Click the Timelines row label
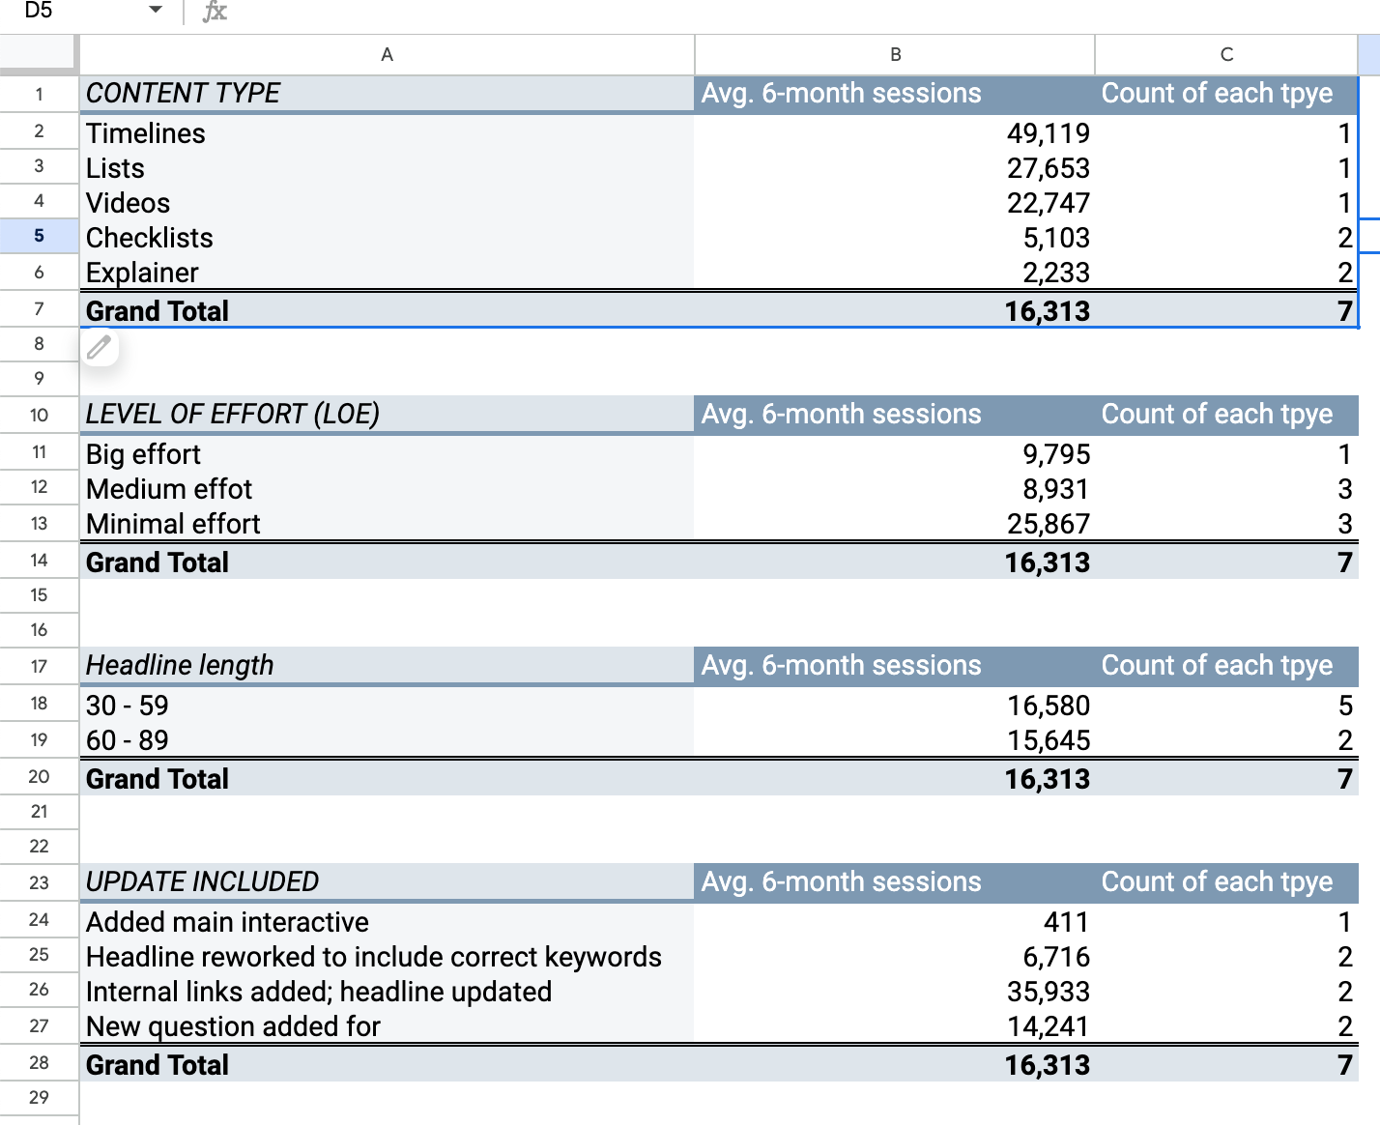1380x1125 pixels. (146, 133)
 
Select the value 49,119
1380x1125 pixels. (1048, 133)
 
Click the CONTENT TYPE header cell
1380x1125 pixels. (183, 94)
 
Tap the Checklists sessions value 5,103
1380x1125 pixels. (1056, 238)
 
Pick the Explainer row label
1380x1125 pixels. (142, 273)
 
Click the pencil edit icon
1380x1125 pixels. (99, 347)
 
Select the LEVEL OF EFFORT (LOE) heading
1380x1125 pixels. (232, 415)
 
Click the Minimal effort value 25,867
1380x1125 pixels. (1048, 524)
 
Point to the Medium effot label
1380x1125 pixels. (169, 489)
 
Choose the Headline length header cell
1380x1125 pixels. (180, 666)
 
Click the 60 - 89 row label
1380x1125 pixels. (127, 740)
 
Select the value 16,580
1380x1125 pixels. (1048, 706)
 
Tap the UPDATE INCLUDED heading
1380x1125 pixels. (202, 882)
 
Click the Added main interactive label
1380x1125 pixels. (227, 922)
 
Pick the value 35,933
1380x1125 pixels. (1048, 992)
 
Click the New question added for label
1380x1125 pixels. (233, 1026)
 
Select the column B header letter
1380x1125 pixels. (895, 55)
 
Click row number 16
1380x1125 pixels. (39, 630)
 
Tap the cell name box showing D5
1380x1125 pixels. (39, 11)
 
